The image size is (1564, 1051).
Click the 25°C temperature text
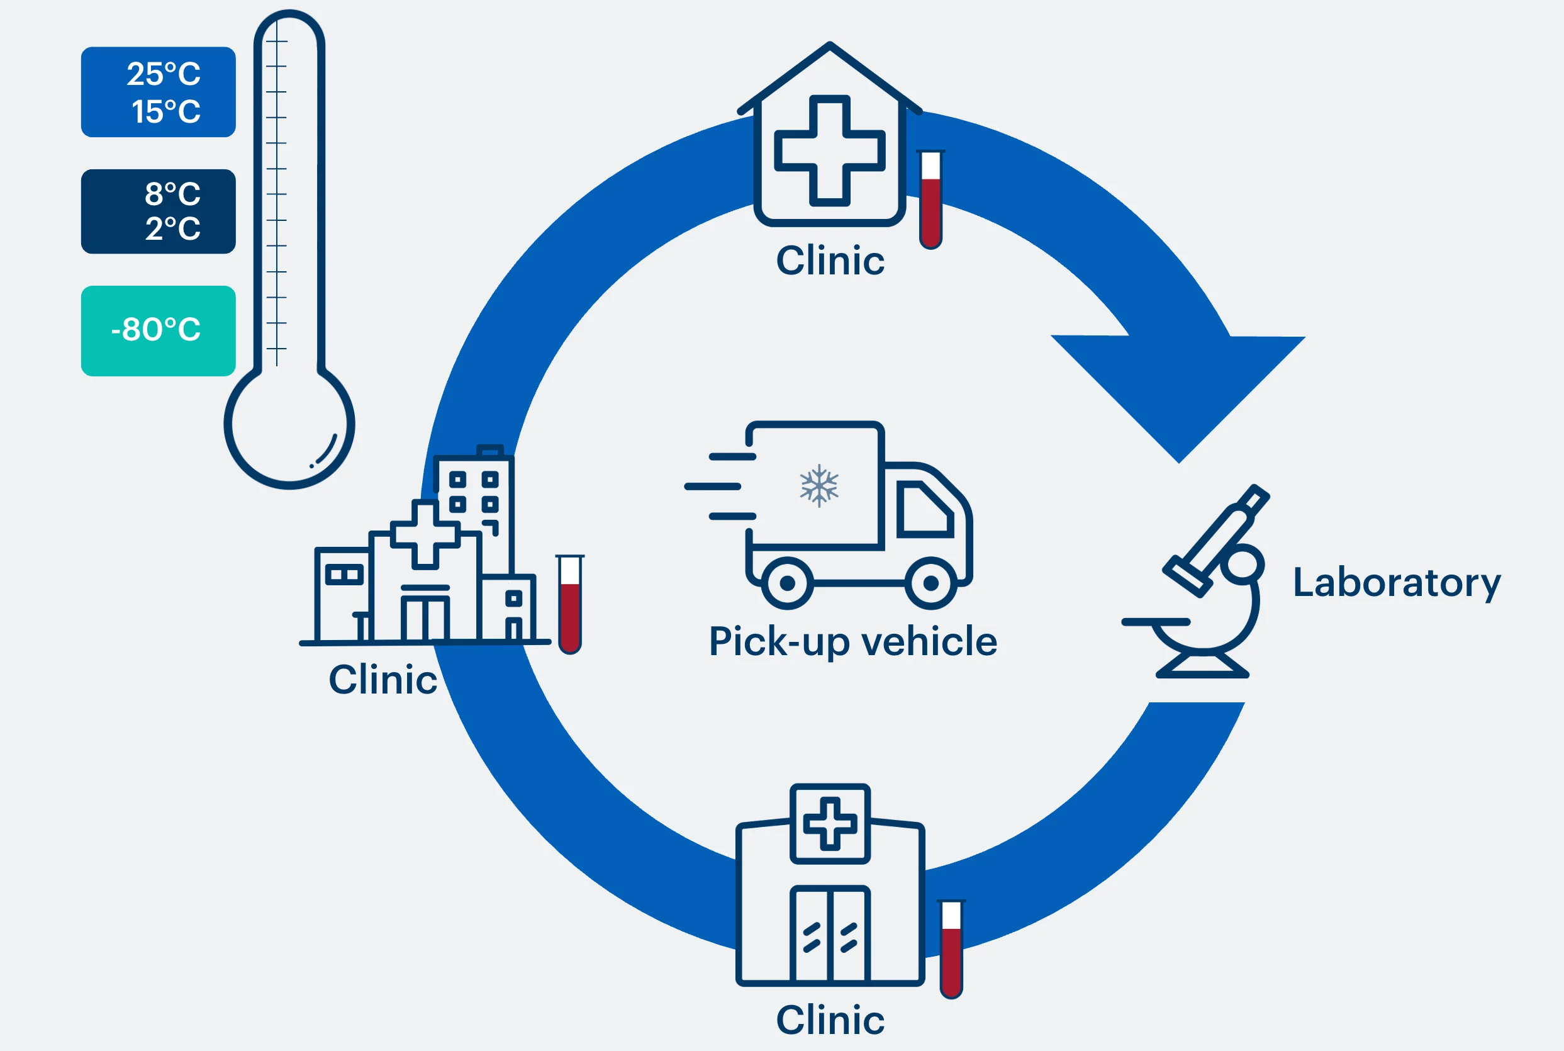(164, 74)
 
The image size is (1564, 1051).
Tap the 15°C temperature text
(165, 111)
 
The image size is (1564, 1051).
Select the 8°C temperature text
(172, 194)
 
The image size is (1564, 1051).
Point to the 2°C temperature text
(172, 228)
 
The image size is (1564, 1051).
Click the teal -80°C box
(158, 330)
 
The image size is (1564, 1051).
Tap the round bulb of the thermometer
(289, 424)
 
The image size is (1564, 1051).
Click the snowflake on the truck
(819, 485)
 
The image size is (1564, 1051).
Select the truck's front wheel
(930, 583)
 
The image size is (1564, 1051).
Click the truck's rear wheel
(788, 583)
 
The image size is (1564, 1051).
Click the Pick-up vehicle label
(852, 641)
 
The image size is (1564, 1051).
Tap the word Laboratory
(1397, 583)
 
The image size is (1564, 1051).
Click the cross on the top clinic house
(830, 150)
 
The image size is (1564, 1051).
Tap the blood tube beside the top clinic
(930, 200)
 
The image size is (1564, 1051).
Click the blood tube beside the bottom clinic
(951, 949)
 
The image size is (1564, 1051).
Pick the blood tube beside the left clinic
(569, 604)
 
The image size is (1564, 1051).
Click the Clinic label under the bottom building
(830, 1020)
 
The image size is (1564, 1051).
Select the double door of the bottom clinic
(830, 935)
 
